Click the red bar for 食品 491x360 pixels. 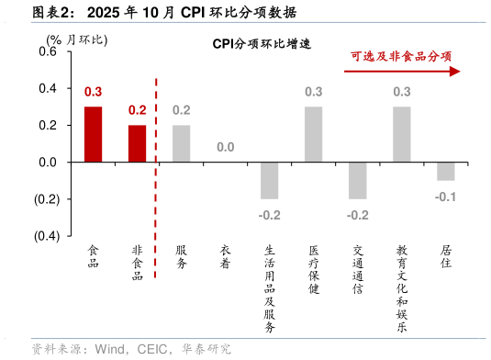[93, 134]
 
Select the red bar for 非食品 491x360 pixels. [137, 143]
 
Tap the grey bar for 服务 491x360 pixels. [181, 143]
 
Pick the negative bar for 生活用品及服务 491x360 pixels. [269, 180]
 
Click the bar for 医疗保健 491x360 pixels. [313, 134]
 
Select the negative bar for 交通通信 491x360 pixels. [357, 180]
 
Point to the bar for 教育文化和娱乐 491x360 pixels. [401, 134]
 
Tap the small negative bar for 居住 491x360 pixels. [445, 171]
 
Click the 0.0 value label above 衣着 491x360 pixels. [225, 148]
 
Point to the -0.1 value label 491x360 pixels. [445, 197]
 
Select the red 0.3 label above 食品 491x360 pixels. [93, 92]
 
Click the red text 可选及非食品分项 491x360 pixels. [401, 56]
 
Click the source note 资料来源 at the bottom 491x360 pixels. [130, 348]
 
